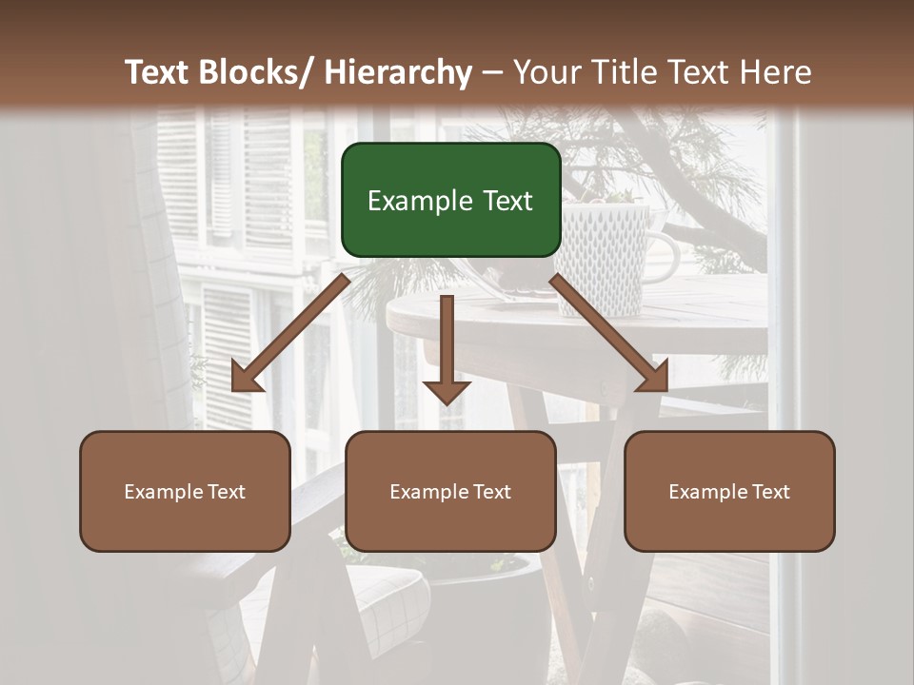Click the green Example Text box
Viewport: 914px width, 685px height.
pyautogui.click(x=450, y=200)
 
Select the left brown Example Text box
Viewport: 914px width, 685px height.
pyautogui.click(x=185, y=491)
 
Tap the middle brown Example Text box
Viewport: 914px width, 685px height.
pyautogui.click(x=450, y=491)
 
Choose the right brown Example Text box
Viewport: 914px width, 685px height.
pyautogui.click(x=729, y=491)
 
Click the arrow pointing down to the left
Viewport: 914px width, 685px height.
pyautogui.click(x=290, y=334)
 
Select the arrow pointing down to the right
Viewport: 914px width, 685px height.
pyautogui.click(x=609, y=334)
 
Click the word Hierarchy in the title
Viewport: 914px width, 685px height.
pyautogui.click(x=398, y=73)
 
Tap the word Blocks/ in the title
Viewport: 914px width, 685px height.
pyautogui.click(x=260, y=73)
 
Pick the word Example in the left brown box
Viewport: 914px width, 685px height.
pyautogui.click(x=164, y=492)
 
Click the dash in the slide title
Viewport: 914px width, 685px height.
pyautogui.click(x=492, y=73)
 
